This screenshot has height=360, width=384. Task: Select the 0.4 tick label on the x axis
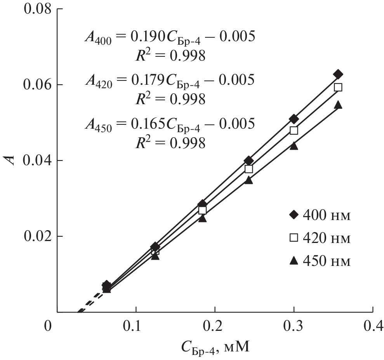coord(373,326)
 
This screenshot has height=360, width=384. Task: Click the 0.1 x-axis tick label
coord(136,326)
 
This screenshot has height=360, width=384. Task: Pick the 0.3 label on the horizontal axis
coord(294,326)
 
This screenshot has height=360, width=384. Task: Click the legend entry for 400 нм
coord(320,215)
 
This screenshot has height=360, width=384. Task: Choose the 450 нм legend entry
coord(320,261)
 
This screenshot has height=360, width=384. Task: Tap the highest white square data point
coord(338,87)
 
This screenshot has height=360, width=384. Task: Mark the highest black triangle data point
coord(338,105)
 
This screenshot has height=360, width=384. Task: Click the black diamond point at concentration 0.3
coord(294,119)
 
